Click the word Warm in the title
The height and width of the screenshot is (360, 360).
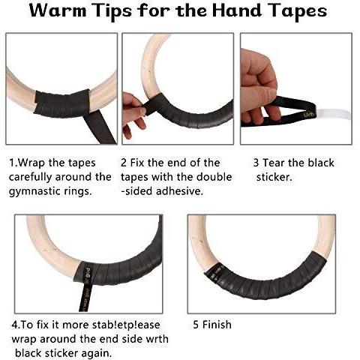(x=58, y=11)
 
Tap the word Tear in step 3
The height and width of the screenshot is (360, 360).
(x=273, y=163)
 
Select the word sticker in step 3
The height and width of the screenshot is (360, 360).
(x=274, y=177)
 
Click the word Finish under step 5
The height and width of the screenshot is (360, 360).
(x=217, y=325)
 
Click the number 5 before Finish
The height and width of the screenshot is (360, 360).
(x=196, y=325)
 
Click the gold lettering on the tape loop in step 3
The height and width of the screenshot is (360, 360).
(x=307, y=115)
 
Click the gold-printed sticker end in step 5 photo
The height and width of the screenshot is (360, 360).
(x=214, y=272)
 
